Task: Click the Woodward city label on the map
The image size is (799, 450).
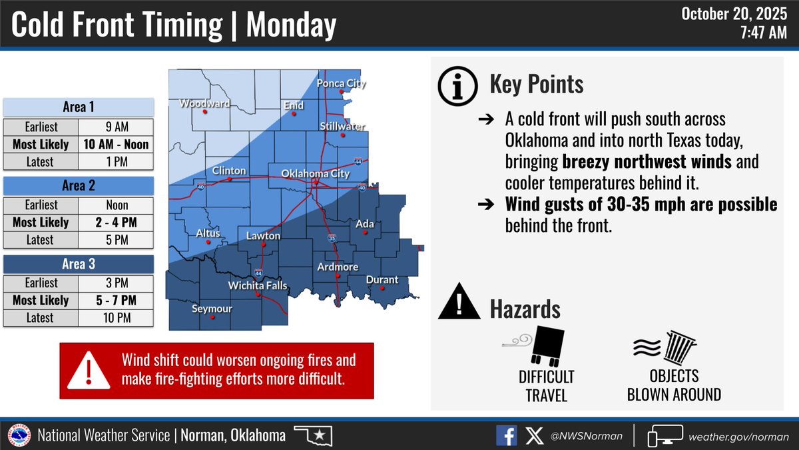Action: pyautogui.click(x=204, y=103)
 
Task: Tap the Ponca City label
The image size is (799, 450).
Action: pyautogui.click(x=341, y=83)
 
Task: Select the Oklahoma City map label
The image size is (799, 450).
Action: pyautogui.click(x=315, y=173)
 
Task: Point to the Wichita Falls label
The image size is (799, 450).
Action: pyautogui.click(x=258, y=285)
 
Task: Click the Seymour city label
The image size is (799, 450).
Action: pyautogui.click(x=212, y=309)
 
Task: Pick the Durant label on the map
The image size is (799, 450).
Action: pyautogui.click(x=382, y=280)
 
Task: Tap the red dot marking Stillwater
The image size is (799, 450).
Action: pyautogui.click(x=343, y=135)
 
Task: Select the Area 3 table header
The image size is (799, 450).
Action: pyautogui.click(x=79, y=265)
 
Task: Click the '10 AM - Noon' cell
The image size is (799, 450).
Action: pyautogui.click(x=116, y=145)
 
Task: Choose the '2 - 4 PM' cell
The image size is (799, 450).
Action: pyautogui.click(x=116, y=223)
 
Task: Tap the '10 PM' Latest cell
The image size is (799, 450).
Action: pyautogui.click(x=116, y=318)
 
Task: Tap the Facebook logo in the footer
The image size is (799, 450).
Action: pyautogui.click(x=506, y=436)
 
